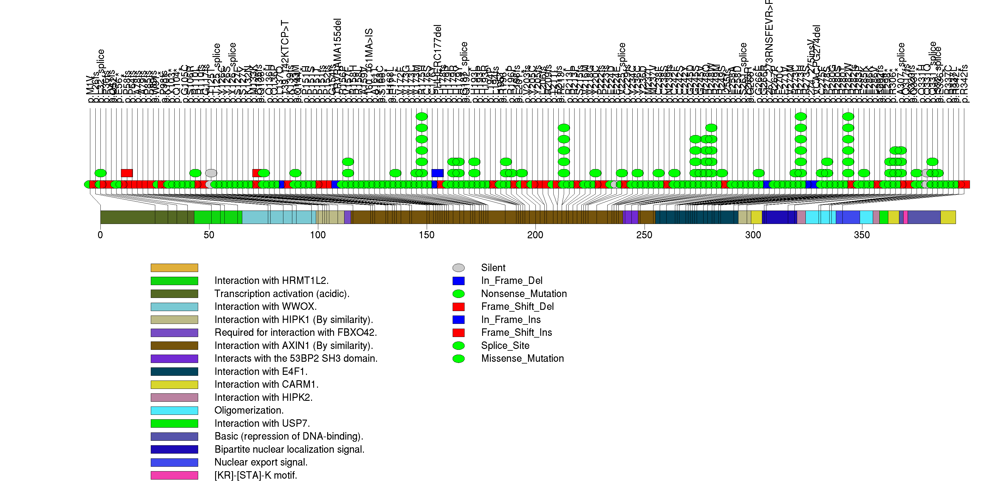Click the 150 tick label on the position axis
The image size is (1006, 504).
click(x=426, y=235)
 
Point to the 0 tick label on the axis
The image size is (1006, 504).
click(x=100, y=235)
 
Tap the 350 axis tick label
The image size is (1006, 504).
click(x=861, y=235)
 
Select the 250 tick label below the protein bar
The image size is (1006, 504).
click(x=644, y=235)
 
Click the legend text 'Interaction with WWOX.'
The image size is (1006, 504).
click(x=266, y=307)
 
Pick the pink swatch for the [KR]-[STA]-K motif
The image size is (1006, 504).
click(x=174, y=475)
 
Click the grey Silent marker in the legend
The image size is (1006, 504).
click(x=459, y=268)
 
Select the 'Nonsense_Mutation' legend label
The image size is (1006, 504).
click(x=524, y=294)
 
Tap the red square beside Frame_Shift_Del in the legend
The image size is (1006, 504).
click(x=459, y=307)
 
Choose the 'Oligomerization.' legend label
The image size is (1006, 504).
click(x=249, y=411)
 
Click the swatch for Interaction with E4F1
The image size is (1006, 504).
click(x=174, y=372)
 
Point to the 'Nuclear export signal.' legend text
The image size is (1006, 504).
click(x=261, y=463)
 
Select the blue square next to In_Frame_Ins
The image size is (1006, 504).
click(x=459, y=320)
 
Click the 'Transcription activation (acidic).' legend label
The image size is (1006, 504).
click(x=282, y=294)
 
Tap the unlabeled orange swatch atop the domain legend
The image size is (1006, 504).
click(x=174, y=268)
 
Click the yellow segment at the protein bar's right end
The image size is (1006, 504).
click(x=948, y=217)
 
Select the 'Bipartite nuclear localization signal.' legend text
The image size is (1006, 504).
click(x=289, y=450)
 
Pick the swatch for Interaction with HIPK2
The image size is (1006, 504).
click(x=174, y=397)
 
